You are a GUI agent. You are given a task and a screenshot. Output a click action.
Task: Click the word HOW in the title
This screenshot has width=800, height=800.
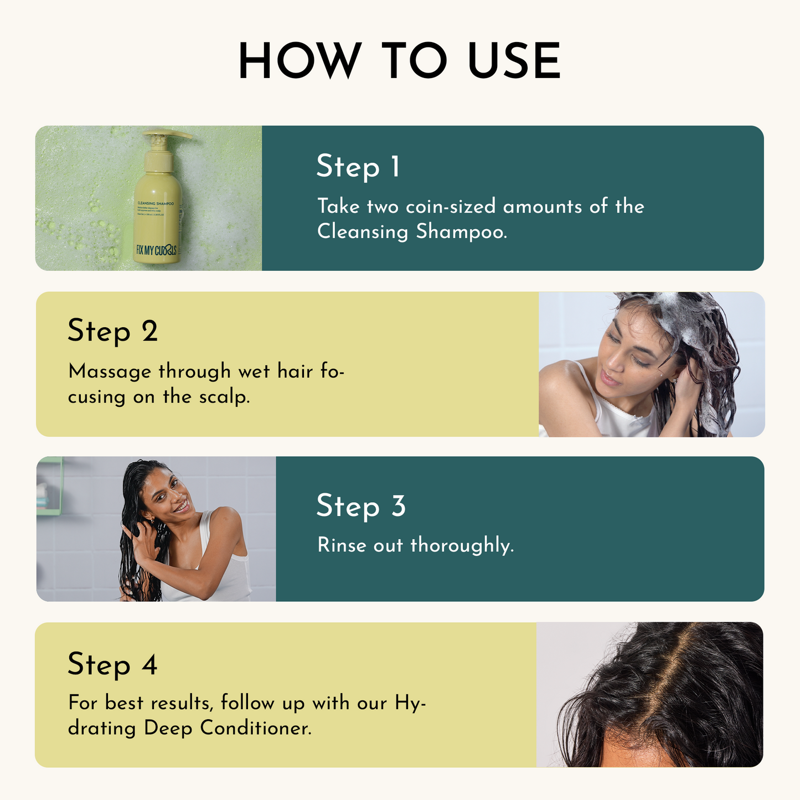pos(299,61)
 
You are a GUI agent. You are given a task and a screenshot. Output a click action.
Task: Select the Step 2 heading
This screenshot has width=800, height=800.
pos(112,331)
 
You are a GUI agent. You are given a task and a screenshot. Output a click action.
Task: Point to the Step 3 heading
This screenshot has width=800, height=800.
pos(360,506)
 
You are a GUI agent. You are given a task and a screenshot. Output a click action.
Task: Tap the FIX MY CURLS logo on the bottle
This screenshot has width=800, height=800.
pos(156,250)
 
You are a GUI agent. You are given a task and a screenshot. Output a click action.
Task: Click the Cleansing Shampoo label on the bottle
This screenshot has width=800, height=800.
pos(156,204)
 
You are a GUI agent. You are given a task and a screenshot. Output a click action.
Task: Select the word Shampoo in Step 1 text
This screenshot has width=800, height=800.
pos(461,231)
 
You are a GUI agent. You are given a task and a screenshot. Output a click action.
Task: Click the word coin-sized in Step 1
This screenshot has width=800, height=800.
pos(451,207)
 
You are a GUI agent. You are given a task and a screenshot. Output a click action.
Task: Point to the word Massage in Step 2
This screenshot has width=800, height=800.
pos(110,371)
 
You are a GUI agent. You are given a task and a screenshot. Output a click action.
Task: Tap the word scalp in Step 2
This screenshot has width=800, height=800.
pos(224,397)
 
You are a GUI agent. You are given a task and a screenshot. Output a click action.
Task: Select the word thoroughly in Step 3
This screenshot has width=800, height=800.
pos(462,545)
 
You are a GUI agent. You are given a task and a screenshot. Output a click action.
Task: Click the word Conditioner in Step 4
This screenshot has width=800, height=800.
pos(255,727)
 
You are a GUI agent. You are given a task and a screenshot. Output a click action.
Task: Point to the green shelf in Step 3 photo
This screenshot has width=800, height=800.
pos(50,487)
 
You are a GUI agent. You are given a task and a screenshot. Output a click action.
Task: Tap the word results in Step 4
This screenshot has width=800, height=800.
pos(181,703)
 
